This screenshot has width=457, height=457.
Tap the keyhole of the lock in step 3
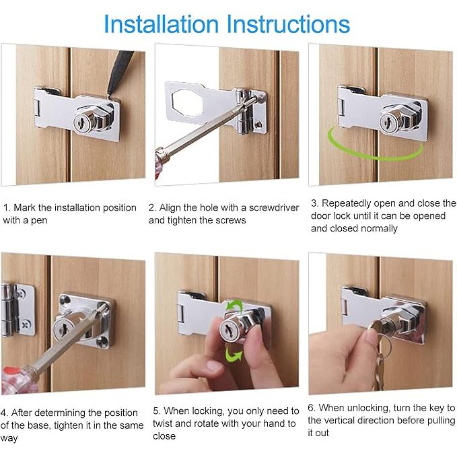tap(388, 121)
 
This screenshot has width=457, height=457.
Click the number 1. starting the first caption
tap(7, 207)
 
